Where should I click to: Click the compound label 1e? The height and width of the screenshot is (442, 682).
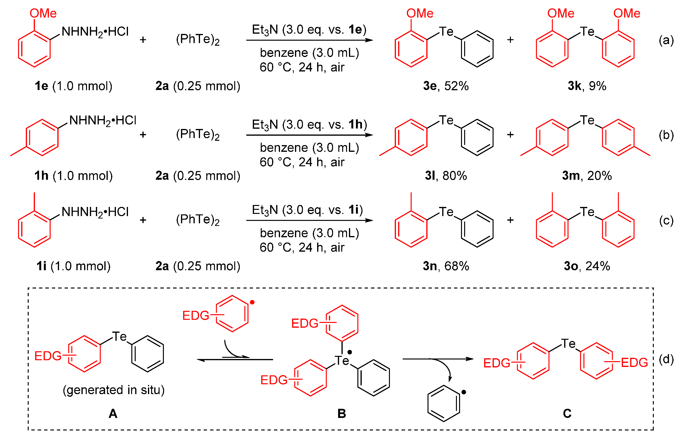[x=41, y=86]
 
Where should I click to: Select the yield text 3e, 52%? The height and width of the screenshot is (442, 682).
[x=446, y=86]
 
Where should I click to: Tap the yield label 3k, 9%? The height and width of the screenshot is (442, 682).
[x=587, y=86]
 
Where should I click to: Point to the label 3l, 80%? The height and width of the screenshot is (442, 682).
[x=446, y=176]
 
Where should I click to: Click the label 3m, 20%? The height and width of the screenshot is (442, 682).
[x=587, y=176]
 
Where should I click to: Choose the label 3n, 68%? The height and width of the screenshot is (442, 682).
[x=446, y=266]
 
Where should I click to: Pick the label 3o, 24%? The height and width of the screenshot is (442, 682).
[x=587, y=266]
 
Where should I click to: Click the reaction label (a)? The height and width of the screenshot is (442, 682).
[x=666, y=40]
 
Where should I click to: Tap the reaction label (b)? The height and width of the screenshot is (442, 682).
[x=666, y=135]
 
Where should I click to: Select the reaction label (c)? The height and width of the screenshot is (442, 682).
[x=666, y=220]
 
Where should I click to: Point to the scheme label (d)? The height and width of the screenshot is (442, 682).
[x=666, y=359]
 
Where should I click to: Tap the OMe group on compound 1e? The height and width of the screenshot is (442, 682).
[x=43, y=13]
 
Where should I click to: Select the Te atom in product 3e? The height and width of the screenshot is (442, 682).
[x=446, y=32]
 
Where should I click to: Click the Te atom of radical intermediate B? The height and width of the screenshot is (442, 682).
[x=342, y=361]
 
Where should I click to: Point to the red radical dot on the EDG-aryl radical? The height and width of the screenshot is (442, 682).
[x=252, y=302]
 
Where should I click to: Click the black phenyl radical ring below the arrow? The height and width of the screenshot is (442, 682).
[x=443, y=403]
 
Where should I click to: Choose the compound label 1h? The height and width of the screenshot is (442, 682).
[x=41, y=176]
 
